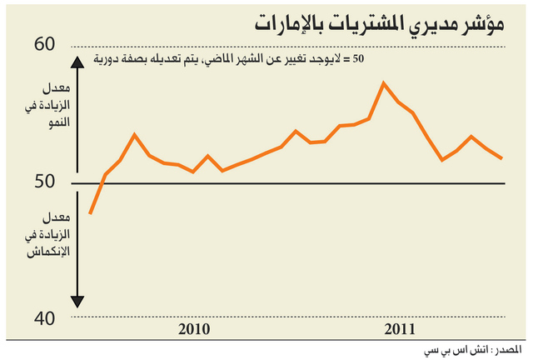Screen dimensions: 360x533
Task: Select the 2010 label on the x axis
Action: [x=195, y=329]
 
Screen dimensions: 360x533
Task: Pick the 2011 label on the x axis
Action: [x=401, y=329]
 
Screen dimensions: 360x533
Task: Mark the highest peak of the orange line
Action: [x=383, y=82]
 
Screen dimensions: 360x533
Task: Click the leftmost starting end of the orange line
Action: [x=89, y=214]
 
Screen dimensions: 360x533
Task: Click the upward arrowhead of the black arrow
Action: [x=76, y=60]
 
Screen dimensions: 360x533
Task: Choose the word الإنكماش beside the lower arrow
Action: [x=49, y=252]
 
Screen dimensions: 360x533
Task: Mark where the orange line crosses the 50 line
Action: [x=102, y=182]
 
